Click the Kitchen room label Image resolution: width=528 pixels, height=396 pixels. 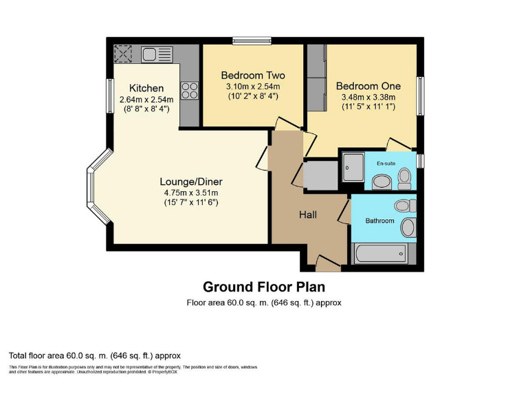point(146,88)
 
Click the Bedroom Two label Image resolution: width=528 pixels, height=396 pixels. point(252,75)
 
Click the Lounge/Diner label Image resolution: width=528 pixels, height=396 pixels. point(190,181)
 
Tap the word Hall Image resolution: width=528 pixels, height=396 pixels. point(307,215)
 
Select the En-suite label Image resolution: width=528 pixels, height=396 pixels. point(384,163)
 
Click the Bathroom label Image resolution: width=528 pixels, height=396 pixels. point(379,221)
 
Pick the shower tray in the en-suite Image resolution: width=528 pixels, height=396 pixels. point(354,167)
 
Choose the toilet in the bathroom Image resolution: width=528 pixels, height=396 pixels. point(405,205)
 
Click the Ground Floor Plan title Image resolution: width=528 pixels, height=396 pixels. point(263,286)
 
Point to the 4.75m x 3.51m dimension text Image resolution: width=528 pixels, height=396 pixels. point(190,192)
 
